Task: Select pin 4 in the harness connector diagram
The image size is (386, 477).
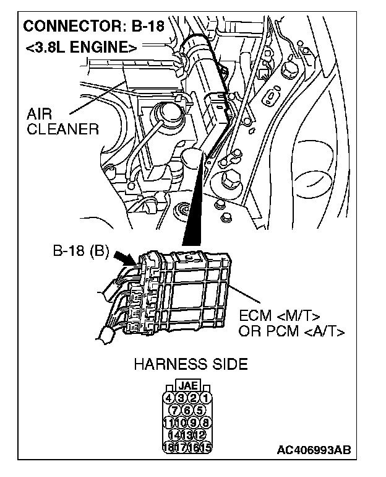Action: click(x=169, y=398)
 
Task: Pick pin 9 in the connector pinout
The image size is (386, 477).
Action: click(x=194, y=422)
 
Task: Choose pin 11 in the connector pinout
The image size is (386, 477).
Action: click(x=168, y=422)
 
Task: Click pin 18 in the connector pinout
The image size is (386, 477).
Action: click(x=168, y=445)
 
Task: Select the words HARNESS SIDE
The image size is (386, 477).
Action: click(x=190, y=364)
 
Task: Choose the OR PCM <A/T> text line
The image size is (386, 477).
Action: click(x=291, y=331)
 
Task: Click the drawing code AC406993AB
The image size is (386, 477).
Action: click(x=314, y=450)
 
